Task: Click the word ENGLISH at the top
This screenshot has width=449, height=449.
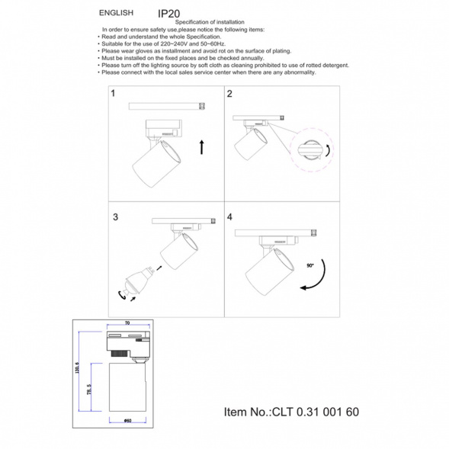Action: [117, 13]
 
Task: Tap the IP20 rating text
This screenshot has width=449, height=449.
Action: [168, 13]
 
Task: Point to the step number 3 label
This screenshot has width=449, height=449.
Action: [115, 217]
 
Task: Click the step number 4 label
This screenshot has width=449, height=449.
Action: [229, 217]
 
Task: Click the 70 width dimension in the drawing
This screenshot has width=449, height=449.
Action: [127, 324]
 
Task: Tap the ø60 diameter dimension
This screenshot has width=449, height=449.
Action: [128, 420]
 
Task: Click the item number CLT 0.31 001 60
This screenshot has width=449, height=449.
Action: [291, 412]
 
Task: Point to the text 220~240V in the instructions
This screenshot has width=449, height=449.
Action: [181, 44]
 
